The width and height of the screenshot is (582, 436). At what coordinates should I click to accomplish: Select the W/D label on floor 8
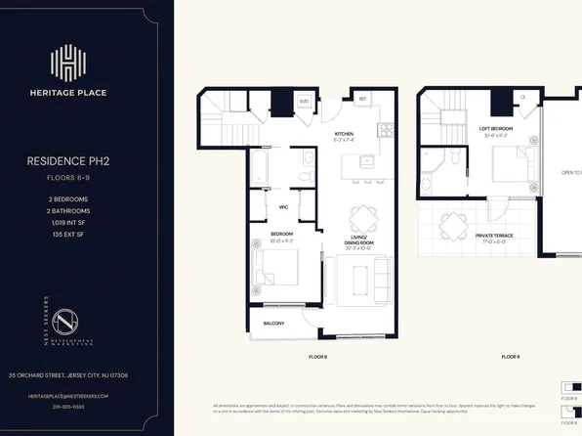304,102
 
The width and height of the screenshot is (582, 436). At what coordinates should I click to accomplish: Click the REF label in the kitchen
361,99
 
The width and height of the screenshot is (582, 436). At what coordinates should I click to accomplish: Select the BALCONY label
274,324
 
